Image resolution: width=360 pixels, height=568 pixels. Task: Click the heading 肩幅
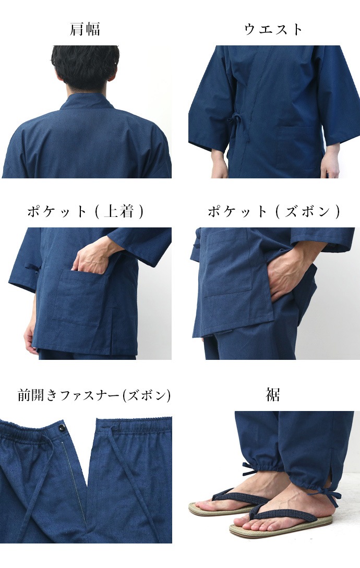click(85, 29)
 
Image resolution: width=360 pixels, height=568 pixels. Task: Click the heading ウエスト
click(273, 29)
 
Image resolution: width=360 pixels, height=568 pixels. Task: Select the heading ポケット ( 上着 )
click(85, 211)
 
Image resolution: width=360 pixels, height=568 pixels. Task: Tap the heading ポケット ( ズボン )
click(273, 211)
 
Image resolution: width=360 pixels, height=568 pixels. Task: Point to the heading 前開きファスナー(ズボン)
click(94, 395)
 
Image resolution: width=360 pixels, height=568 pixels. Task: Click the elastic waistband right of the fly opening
click(141, 425)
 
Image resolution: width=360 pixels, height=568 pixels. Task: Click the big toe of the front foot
click(243, 521)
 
